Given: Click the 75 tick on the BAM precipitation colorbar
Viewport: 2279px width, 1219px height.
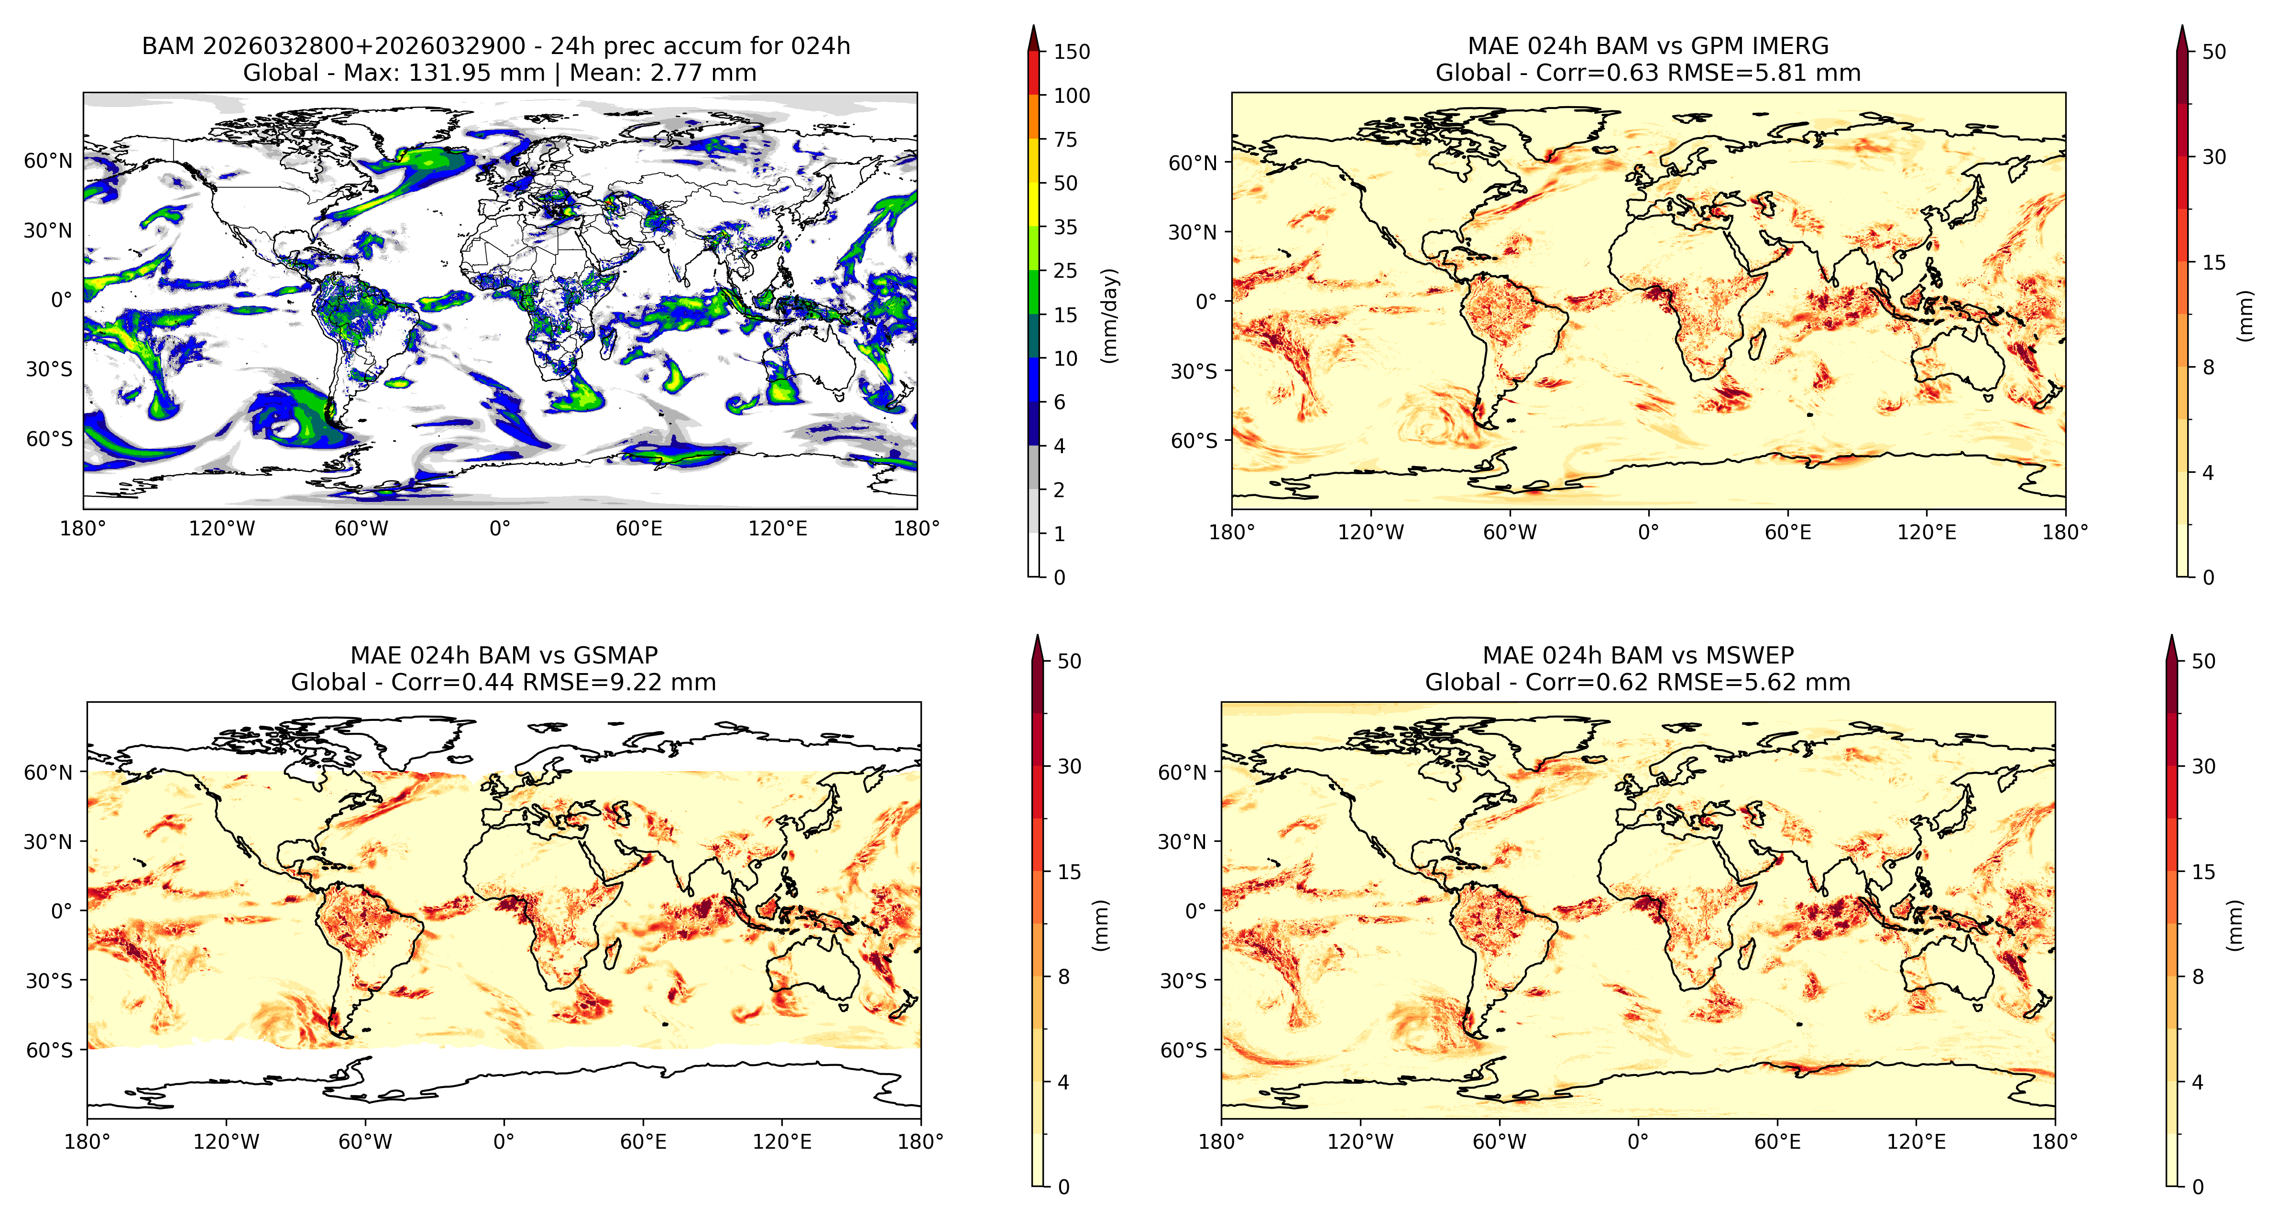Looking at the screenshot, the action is coord(1065,139).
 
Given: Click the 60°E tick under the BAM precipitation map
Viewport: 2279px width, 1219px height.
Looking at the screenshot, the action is coord(639,529).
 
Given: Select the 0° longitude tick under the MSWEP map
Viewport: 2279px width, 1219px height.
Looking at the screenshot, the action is coord(1638,1142).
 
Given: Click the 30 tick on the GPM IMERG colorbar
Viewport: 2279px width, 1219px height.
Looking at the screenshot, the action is coord(2213,157).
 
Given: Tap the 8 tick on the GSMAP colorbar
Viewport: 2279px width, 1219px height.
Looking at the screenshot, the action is coord(1063,977).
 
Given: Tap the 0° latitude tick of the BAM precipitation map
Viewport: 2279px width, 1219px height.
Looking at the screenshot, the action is coord(61,300).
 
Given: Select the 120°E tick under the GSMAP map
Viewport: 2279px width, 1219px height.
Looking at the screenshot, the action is coord(782,1142).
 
